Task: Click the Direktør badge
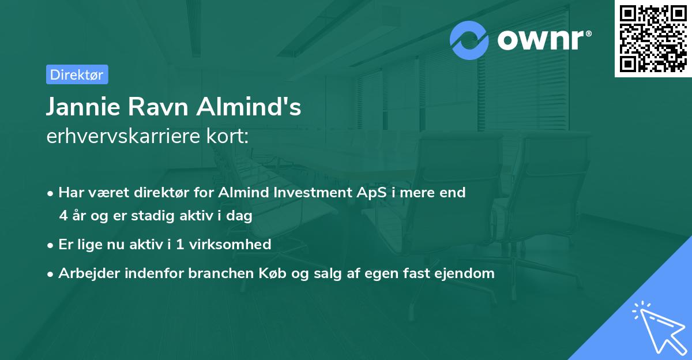click(x=77, y=74)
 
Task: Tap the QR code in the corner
click(x=653, y=39)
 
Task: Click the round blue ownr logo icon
click(x=469, y=40)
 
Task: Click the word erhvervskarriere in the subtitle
click(x=119, y=136)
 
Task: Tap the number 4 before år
click(x=63, y=216)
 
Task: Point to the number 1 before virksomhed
click(x=180, y=245)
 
